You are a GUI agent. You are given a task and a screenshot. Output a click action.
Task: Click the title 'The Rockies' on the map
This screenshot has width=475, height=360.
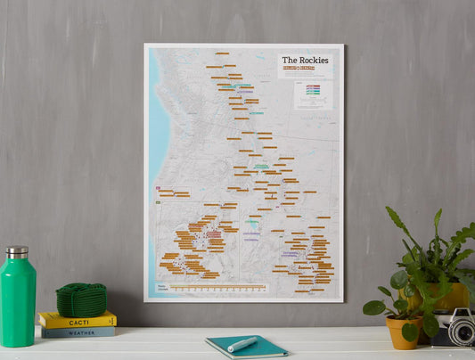click(305, 61)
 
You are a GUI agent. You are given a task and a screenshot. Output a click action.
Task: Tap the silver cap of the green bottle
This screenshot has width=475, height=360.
click(17, 252)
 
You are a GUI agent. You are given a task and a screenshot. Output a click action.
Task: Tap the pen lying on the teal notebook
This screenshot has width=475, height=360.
click(242, 344)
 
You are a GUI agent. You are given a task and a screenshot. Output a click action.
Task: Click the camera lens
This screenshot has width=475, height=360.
click(461, 331)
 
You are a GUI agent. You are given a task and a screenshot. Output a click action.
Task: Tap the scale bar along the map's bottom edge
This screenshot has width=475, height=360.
click(218, 288)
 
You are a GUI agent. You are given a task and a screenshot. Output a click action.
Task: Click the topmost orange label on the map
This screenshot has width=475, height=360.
click(222, 53)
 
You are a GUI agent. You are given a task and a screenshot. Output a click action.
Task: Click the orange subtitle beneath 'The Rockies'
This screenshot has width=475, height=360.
click(305, 70)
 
